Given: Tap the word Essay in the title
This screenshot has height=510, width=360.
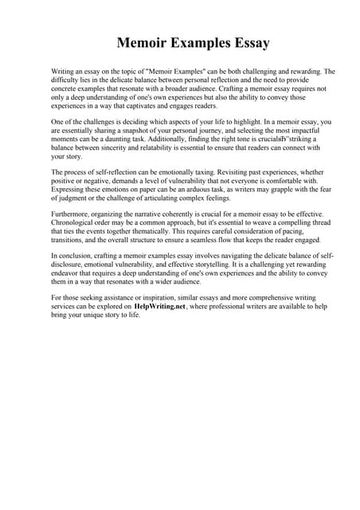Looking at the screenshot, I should (x=247, y=43).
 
